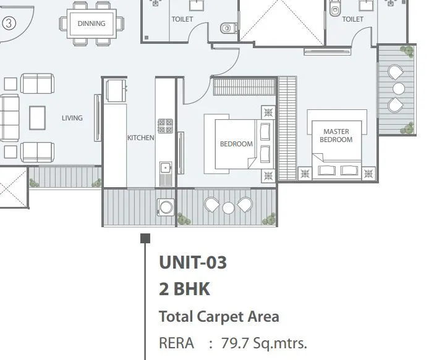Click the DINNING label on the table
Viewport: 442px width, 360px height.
point(91,24)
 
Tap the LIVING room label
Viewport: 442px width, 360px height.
point(72,118)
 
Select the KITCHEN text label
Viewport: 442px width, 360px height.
point(140,138)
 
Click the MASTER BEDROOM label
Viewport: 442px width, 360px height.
point(336,135)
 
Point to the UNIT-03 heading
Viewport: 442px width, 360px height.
point(193,262)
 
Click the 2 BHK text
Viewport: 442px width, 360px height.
point(185,289)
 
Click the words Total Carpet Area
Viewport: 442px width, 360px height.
point(219,317)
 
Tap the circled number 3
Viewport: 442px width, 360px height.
point(8,23)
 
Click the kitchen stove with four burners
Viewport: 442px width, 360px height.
point(165,127)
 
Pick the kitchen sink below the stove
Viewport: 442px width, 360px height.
point(165,168)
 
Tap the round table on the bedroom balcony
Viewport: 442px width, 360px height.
point(228,207)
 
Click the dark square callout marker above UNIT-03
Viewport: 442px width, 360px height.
point(145,238)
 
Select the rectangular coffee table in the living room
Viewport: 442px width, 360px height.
point(37,117)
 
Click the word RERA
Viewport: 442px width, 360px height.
point(176,343)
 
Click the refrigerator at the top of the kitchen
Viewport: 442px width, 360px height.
point(115,90)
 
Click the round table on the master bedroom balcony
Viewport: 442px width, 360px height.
point(398,88)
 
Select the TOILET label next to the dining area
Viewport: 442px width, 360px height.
point(182,19)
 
